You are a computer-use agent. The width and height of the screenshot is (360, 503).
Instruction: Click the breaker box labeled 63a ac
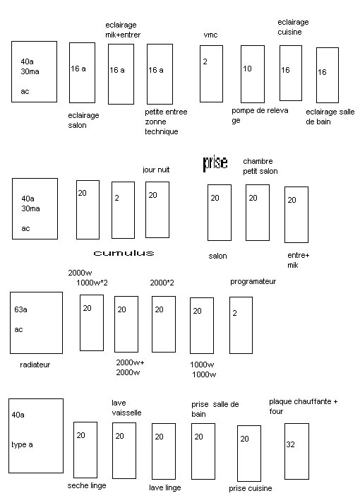click(x=36, y=323)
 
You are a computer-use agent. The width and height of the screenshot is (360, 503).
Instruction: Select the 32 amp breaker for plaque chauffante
click(x=297, y=451)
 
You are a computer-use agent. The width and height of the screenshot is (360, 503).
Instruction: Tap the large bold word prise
click(x=215, y=163)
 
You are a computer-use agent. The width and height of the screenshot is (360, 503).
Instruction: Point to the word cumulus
click(x=124, y=253)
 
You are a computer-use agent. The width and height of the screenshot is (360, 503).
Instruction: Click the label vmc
click(x=210, y=35)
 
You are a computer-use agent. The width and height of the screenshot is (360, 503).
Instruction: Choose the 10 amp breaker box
click(x=253, y=74)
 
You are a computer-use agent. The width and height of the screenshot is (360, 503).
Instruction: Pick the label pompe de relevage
click(x=260, y=115)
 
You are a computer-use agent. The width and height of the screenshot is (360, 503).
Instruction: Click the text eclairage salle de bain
click(x=330, y=117)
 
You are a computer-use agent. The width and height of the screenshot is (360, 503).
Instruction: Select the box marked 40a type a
click(x=36, y=436)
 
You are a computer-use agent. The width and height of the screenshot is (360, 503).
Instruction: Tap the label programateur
click(x=253, y=281)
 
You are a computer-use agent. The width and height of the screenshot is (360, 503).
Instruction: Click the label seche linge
click(x=87, y=485)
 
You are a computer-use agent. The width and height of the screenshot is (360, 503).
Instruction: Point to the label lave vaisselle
click(x=126, y=408)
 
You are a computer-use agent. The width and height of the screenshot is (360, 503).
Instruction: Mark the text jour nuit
click(x=156, y=170)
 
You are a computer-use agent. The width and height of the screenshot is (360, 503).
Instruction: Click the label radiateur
click(x=35, y=365)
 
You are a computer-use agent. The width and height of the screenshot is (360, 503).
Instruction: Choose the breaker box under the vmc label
click(x=211, y=73)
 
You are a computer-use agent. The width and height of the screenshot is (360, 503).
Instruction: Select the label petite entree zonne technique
click(x=166, y=122)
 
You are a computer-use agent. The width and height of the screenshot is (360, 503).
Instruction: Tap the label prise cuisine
click(x=251, y=488)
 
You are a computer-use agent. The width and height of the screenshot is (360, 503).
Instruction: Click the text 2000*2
click(x=162, y=283)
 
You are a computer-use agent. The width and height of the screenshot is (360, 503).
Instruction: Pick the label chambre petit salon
click(x=260, y=166)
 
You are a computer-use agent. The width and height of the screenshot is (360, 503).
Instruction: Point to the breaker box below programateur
click(x=241, y=325)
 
